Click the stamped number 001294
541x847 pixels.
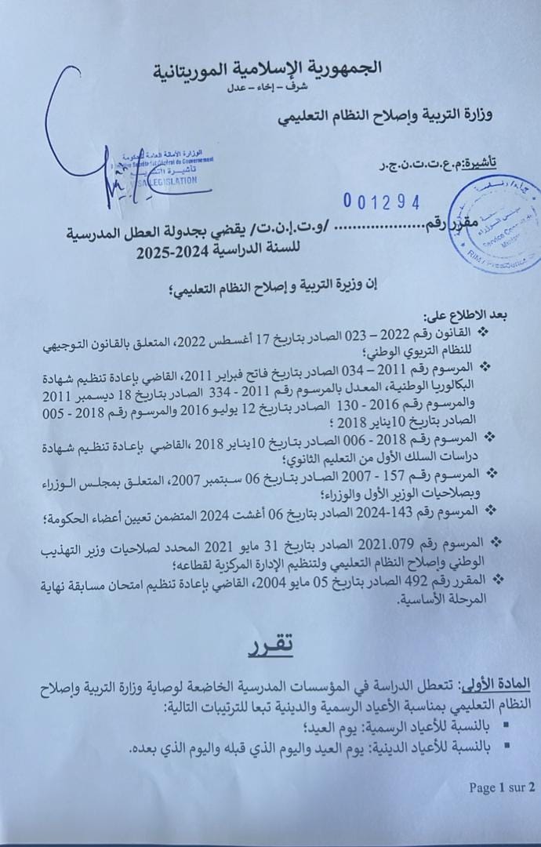pyautogui.click(x=382, y=202)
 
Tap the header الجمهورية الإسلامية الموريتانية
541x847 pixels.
pyautogui.click(x=267, y=68)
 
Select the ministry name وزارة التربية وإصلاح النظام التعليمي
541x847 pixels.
pyautogui.click(x=387, y=117)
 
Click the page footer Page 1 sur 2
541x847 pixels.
pyautogui.click(x=501, y=787)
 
